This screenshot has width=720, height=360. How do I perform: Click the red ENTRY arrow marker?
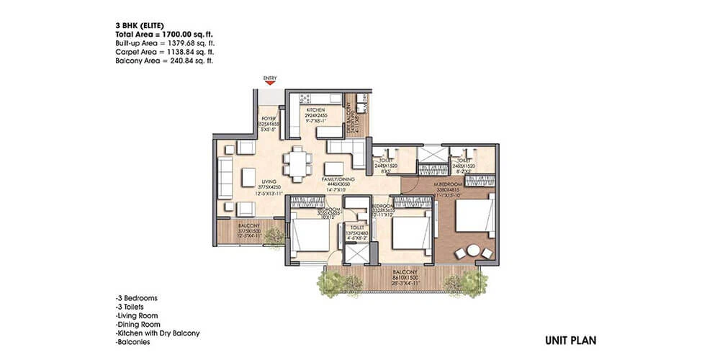click(x=271, y=82)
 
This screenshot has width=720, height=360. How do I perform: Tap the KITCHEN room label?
click(x=315, y=110)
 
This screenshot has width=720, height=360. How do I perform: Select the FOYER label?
click(x=268, y=120)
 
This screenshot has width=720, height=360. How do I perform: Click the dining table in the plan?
click(x=296, y=163)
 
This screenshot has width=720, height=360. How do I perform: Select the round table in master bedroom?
click(x=473, y=251)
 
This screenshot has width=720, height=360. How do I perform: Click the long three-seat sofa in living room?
click(x=225, y=177)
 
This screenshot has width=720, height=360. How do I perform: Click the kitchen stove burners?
click(x=305, y=98)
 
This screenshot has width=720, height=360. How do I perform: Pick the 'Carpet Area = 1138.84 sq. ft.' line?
click(x=164, y=53)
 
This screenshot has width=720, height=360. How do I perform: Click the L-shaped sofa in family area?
click(x=348, y=150)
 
